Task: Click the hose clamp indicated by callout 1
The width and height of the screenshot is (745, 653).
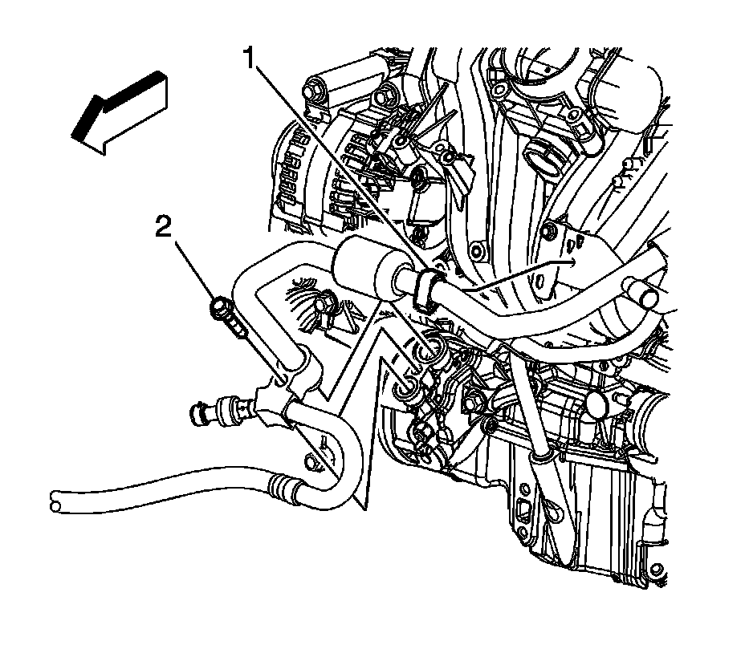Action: [425, 289]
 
